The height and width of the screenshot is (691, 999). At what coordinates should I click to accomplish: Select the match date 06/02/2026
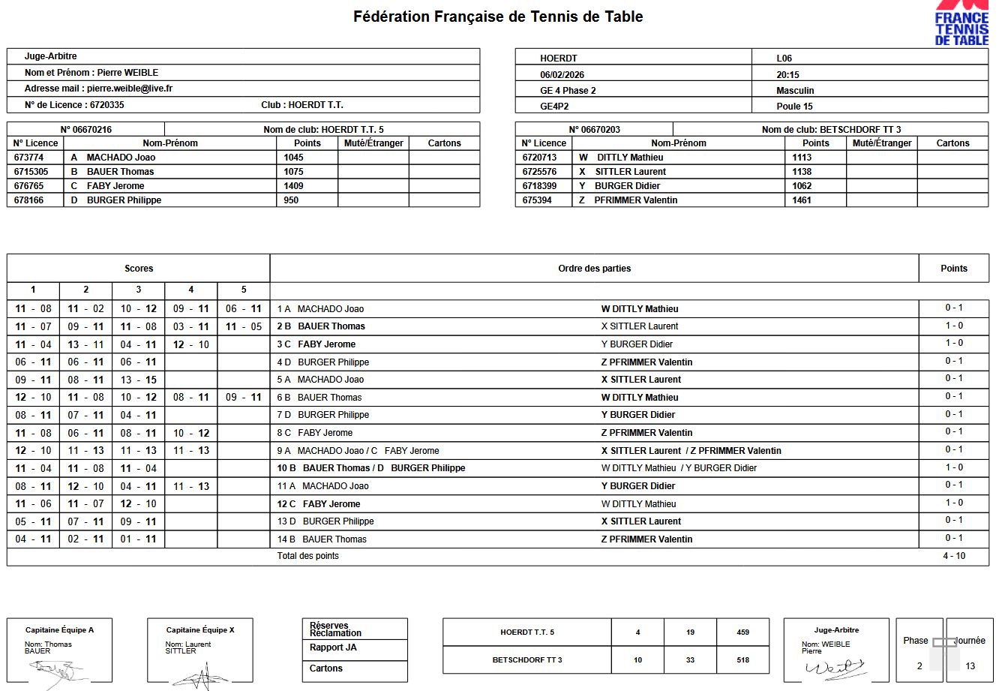[562, 75]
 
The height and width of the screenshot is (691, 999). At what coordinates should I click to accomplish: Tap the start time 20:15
[787, 75]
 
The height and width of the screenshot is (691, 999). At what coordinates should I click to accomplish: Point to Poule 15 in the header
[794, 107]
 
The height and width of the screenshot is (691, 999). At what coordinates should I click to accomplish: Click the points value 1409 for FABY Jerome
[293, 186]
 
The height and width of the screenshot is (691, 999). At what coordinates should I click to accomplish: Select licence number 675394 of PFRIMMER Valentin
[537, 200]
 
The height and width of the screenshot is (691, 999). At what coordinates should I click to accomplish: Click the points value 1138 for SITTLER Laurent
[802, 172]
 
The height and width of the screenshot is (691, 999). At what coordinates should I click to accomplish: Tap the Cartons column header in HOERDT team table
[444, 143]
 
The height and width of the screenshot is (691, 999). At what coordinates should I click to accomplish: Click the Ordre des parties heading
[594, 269]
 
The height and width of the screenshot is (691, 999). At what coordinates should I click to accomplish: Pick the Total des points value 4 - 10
[954, 556]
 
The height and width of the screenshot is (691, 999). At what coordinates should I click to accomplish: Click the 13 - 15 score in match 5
[139, 380]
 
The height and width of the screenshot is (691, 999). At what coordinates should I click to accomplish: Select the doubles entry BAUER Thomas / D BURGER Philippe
[383, 468]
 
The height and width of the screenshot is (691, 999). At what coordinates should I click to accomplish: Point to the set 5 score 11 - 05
[244, 326]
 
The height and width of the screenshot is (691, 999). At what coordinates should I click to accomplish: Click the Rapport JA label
[333, 647]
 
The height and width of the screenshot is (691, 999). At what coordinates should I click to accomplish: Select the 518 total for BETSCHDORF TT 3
[742, 660]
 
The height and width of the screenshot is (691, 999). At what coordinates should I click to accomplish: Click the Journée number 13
[970, 666]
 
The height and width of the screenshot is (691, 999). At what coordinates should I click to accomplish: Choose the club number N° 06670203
[594, 130]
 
